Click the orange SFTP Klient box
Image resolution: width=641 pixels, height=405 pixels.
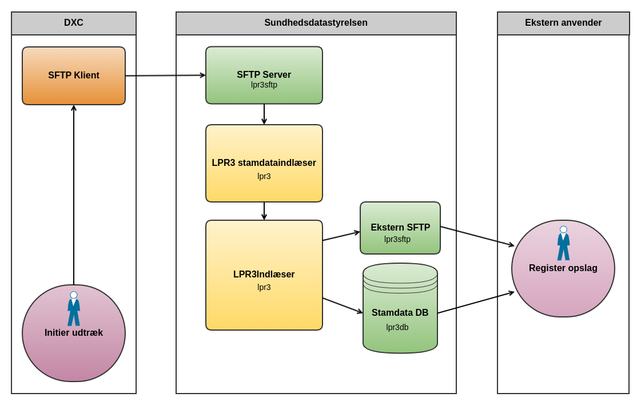pyautogui.click(x=74, y=76)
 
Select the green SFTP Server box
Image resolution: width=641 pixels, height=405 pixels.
pyautogui.click(x=264, y=75)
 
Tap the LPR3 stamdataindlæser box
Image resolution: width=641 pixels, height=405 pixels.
pyautogui.click(x=264, y=163)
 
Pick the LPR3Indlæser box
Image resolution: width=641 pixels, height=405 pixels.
pyautogui.click(x=264, y=275)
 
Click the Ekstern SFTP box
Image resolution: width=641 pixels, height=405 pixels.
pyautogui.click(x=400, y=228)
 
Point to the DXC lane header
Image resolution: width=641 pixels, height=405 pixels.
pyautogui.click(x=74, y=23)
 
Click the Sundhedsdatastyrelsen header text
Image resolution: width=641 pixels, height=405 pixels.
pyautogui.click(x=316, y=23)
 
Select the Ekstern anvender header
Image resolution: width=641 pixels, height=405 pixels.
pyautogui.click(x=563, y=23)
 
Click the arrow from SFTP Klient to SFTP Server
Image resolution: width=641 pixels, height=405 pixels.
pyautogui.click(x=165, y=76)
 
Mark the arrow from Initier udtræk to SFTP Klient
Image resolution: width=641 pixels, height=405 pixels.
pyautogui.click(x=74, y=194)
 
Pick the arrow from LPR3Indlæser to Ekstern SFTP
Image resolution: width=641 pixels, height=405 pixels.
pyautogui.click(x=341, y=236)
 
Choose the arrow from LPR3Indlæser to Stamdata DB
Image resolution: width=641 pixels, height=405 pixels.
pyautogui.click(x=343, y=305)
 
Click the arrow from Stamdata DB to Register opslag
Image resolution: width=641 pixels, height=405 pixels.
pyautogui.click(x=476, y=303)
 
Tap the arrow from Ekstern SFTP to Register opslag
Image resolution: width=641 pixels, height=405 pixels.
pyautogui.click(x=477, y=236)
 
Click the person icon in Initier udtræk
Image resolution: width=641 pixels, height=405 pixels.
pyautogui.click(x=74, y=309)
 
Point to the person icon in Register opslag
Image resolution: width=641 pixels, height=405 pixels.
pyautogui.click(x=563, y=243)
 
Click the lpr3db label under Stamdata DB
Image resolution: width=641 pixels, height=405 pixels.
pyautogui.click(x=397, y=327)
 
